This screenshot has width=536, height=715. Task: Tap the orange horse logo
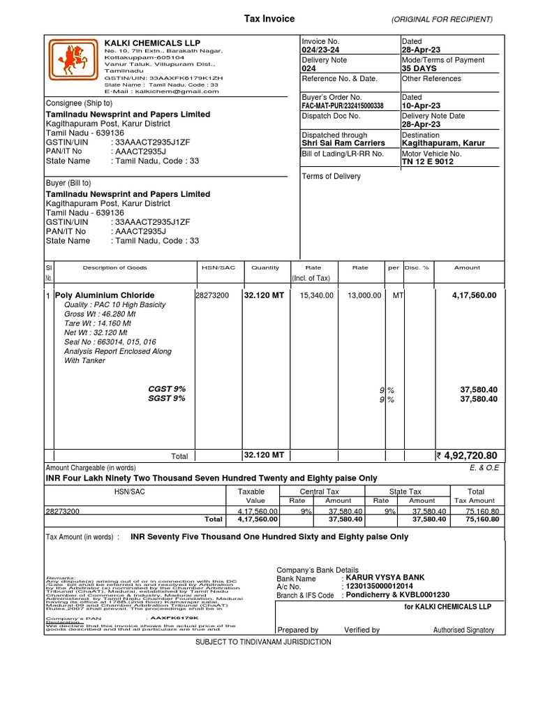point(73,61)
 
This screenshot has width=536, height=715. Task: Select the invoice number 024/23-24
point(320,50)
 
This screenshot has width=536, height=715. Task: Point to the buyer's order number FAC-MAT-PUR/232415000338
point(343,105)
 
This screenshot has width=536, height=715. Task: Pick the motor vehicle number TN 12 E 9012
point(428,161)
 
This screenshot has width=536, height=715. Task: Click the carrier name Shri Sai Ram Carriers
point(343,143)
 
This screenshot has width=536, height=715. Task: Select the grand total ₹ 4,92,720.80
point(466,456)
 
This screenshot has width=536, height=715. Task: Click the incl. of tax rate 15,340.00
point(318,295)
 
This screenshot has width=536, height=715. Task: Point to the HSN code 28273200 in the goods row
point(212,295)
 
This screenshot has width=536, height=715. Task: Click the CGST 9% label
point(167,388)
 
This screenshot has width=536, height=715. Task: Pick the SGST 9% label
point(167,399)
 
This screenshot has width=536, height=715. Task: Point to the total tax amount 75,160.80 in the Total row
point(482,519)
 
